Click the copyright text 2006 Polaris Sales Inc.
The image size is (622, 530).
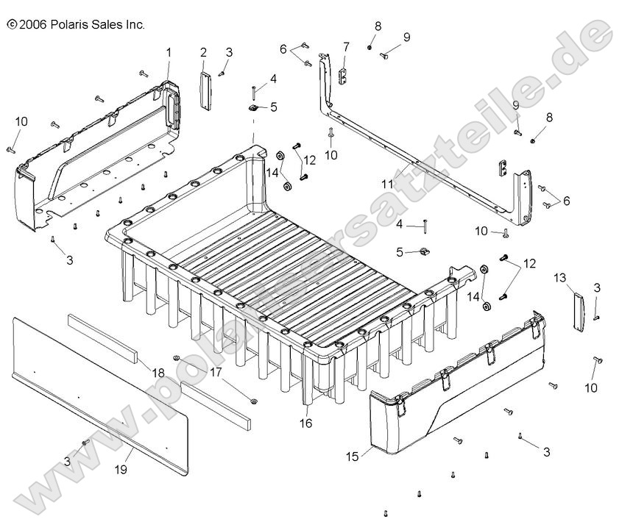(x=76, y=24)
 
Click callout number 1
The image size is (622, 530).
(x=168, y=52)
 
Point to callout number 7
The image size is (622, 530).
(x=346, y=47)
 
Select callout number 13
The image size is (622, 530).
(x=560, y=277)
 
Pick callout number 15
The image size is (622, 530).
(x=353, y=456)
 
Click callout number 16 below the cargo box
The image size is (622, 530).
(x=306, y=423)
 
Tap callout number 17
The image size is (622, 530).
(x=216, y=372)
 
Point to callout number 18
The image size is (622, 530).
(x=158, y=374)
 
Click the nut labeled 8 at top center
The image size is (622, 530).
(x=370, y=48)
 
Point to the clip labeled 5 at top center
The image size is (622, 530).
(x=252, y=108)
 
